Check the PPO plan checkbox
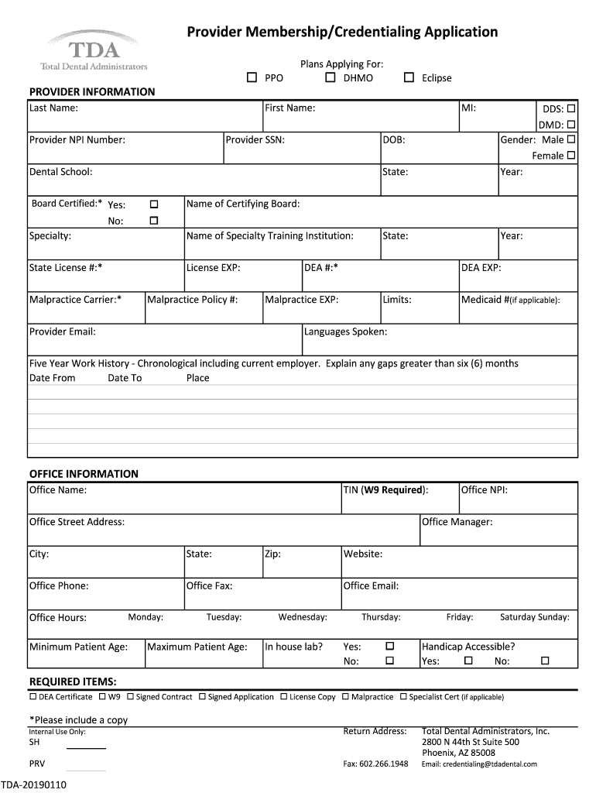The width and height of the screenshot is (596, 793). (252, 77)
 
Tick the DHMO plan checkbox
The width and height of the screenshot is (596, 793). (331, 77)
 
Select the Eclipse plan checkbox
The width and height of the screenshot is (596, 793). (409, 77)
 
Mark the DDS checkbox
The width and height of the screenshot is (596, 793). (571, 108)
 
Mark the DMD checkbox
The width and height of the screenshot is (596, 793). (571, 124)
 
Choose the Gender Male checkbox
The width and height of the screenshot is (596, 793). (571, 139)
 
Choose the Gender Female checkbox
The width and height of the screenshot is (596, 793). (571, 155)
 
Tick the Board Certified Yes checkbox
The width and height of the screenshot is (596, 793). (153, 204)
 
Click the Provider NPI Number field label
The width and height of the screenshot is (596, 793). (77, 140)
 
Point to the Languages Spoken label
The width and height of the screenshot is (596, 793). (345, 331)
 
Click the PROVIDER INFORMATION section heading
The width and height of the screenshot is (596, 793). (92, 91)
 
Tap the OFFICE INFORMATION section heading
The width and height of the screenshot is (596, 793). (84, 473)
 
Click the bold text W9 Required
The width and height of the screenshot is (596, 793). (393, 489)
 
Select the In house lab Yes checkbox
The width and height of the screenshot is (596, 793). (390, 646)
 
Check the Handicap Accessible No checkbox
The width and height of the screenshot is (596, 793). (545, 661)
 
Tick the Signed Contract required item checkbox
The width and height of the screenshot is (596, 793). (130, 696)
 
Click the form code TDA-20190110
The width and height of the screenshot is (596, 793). (34, 784)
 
